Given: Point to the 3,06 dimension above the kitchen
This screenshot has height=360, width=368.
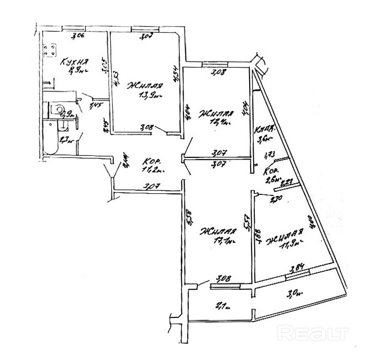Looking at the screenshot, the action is (77, 36).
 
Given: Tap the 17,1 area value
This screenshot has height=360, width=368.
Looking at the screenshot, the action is (226, 240).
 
